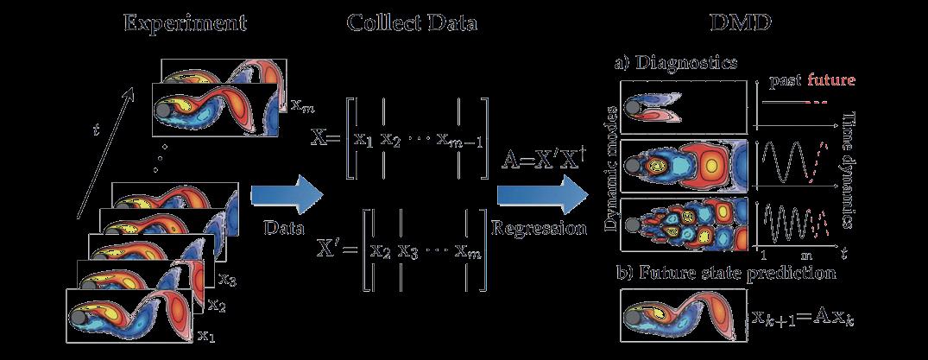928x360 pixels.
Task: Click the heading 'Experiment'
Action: pos(185,23)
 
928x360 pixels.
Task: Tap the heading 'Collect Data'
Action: pos(412,23)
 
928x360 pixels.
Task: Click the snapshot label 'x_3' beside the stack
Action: pos(228,280)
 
